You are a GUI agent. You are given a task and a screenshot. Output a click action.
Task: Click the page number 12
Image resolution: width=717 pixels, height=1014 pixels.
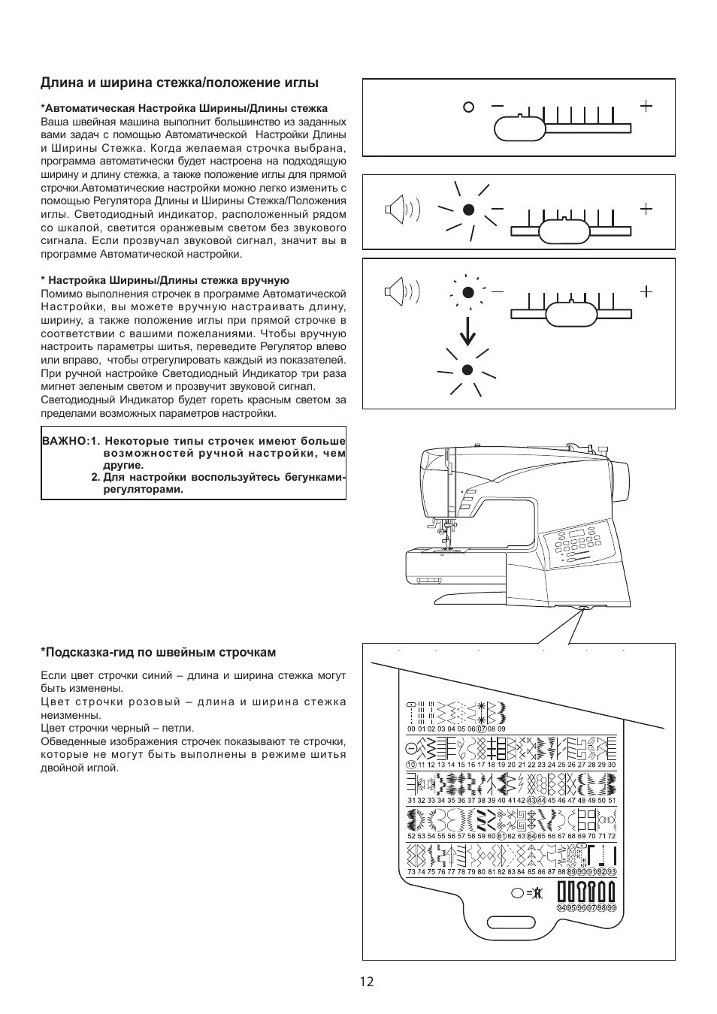[366, 981]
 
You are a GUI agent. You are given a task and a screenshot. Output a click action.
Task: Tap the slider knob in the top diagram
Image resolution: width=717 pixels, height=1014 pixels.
[519, 128]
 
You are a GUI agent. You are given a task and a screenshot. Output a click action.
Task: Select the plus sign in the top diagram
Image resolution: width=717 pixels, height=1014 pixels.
[646, 106]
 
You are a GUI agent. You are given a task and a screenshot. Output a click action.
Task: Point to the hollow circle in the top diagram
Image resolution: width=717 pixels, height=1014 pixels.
[469, 107]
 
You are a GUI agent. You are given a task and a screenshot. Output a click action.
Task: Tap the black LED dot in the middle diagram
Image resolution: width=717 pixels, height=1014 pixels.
[467, 210]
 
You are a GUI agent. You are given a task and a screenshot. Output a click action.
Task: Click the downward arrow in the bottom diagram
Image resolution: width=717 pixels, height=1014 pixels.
[467, 331]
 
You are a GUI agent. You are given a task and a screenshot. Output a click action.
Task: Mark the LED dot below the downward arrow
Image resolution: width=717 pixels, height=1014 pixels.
[467, 370]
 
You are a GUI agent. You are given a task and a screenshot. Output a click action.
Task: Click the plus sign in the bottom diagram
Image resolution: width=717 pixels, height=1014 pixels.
[646, 291]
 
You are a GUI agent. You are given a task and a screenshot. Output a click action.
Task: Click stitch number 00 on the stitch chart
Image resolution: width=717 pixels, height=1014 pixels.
[410, 729]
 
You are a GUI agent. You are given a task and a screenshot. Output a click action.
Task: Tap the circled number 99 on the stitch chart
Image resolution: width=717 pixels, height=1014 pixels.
[612, 907]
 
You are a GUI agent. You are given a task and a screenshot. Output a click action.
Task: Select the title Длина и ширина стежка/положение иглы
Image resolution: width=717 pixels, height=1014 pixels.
[180, 83]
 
